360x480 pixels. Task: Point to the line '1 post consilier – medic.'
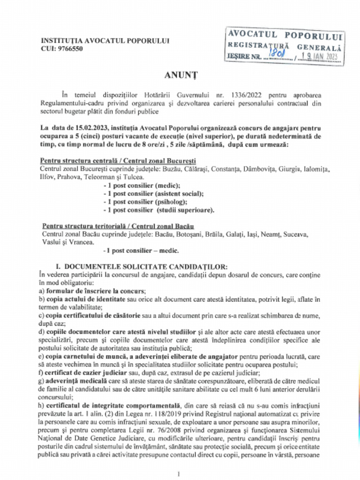[141, 250]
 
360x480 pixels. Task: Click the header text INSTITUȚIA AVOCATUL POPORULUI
[105, 41]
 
